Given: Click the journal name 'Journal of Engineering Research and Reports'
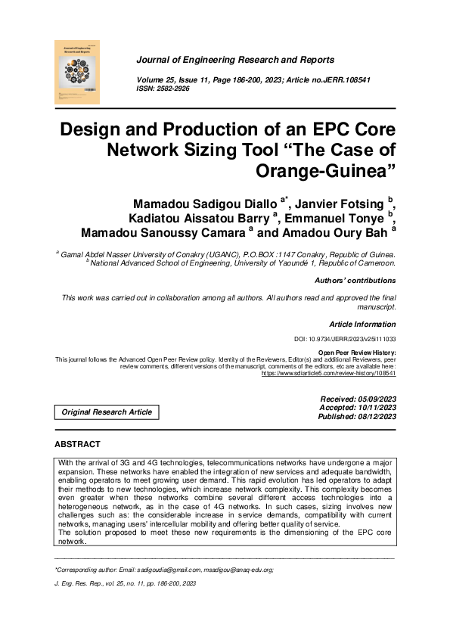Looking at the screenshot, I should pyautogui.click(x=234, y=60).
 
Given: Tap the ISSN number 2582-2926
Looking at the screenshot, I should pyautogui.click(x=173, y=89).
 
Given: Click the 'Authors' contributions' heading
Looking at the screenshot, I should pyautogui.click(x=355, y=281).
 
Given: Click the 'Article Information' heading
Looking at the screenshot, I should pyautogui.click(x=362, y=324).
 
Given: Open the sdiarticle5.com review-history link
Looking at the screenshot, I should pyautogui.click(x=328, y=373).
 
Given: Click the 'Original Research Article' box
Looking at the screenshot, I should pyautogui.click(x=107, y=412).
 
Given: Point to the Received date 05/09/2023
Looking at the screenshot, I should pyautogui.click(x=374, y=398).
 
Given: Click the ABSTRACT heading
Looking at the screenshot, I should pyautogui.click(x=78, y=444).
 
